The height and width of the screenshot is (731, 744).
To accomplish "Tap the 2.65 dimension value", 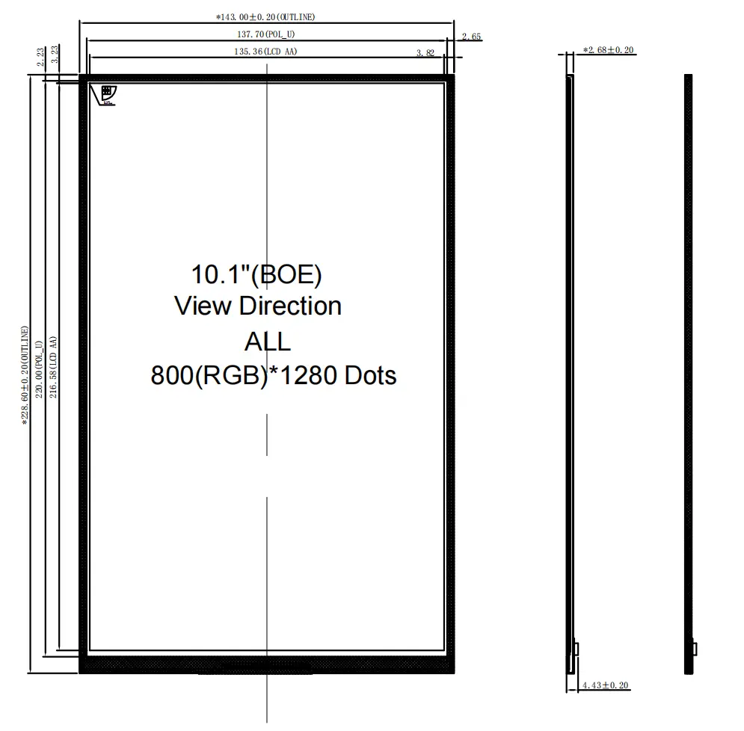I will pos(472,36).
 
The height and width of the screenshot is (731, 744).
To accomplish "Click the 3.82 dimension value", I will pos(425,53).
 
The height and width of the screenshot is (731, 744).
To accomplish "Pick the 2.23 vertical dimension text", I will pos(40,57).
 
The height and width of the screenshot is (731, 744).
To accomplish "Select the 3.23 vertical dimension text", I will pos(55,57).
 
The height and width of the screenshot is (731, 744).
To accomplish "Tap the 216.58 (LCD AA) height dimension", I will pos(55,366).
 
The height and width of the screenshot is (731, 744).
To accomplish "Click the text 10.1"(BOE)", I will pos(256,274).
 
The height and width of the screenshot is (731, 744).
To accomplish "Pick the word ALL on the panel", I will pos(267,342).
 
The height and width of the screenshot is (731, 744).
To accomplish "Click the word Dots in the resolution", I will pos(370,374).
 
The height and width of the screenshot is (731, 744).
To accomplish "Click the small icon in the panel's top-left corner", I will pos(105,94).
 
